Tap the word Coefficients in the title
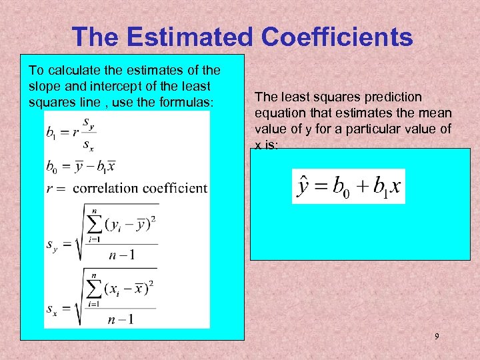337,37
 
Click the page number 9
437,337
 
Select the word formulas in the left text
187,101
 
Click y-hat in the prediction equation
303,186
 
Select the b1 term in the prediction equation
386,187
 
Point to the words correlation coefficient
140,188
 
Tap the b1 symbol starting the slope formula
52,133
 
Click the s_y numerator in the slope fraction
89,123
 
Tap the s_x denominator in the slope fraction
89,144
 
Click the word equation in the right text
279,113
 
